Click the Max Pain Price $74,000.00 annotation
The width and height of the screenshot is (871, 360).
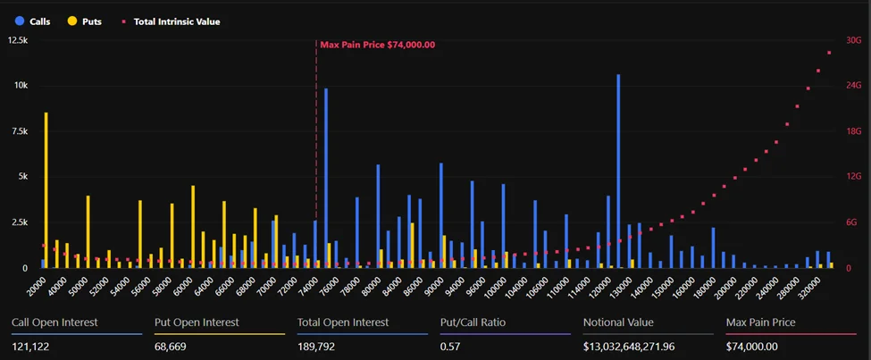pyautogui.click(x=377, y=45)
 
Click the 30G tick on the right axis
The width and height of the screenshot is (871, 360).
pyautogui.click(x=853, y=40)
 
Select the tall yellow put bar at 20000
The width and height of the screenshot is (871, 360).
pyautogui.click(x=46, y=189)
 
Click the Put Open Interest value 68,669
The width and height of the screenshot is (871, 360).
pyautogui.click(x=173, y=347)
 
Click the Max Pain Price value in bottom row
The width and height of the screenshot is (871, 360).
pyautogui.click(x=752, y=347)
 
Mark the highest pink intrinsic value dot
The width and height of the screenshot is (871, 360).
pyautogui.click(x=829, y=53)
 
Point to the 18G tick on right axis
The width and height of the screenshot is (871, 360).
pyautogui.click(x=853, y=131)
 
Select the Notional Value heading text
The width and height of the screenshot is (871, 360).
pyautogui.click(x=618, y=322)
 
